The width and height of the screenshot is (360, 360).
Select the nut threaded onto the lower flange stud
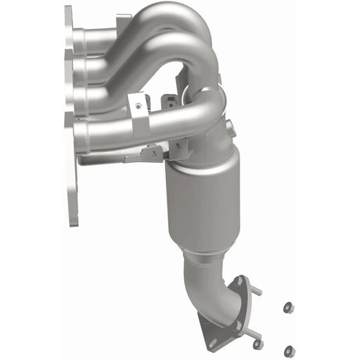coord(258,344)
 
